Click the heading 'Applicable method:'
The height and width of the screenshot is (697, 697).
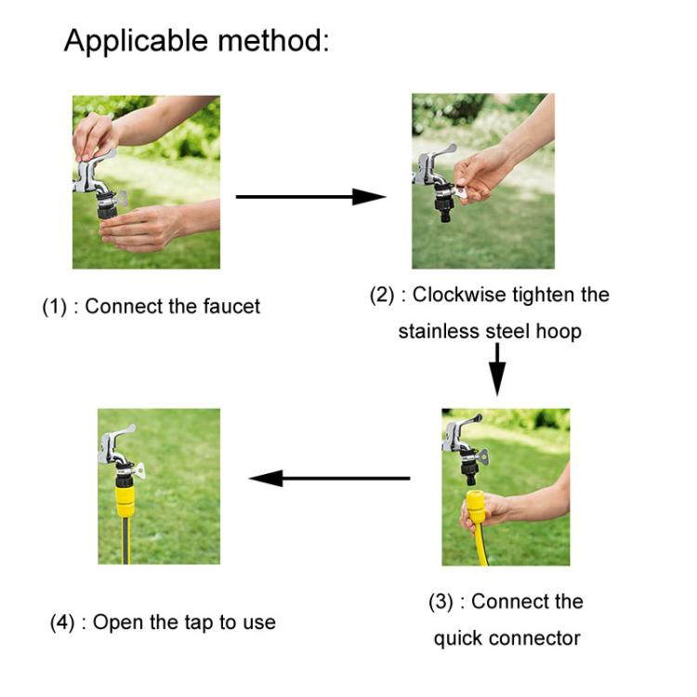(x=196, y=41)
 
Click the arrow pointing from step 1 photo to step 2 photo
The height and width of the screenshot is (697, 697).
(x=310, y=196)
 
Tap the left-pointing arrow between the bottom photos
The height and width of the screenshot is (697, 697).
(x=329, y=478)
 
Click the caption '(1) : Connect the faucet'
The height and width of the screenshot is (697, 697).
(x=151, y=306)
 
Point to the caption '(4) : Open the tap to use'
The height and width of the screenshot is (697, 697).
(x=163, y=622)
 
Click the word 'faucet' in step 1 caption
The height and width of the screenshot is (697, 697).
(x=231, y=306)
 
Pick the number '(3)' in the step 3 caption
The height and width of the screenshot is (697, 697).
(x=441, y=601)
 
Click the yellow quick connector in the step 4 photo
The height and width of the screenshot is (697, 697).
(x=123, y=502)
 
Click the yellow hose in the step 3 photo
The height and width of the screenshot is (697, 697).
(x=480, y=548)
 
